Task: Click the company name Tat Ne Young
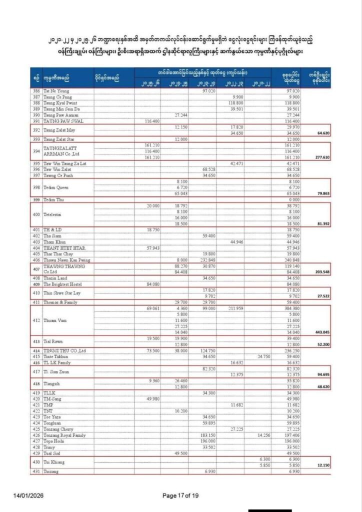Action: click(54, 91)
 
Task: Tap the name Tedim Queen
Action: click(54, 187)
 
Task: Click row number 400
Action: click(36, 214)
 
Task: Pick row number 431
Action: click(36, 471)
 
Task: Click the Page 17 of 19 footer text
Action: click(181, 495)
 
